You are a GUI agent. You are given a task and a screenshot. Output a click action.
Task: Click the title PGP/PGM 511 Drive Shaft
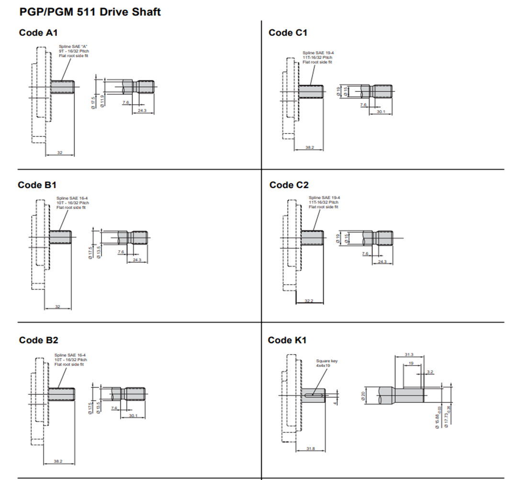click(90, 11)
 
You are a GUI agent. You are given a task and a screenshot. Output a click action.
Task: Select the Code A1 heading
click(38, 33)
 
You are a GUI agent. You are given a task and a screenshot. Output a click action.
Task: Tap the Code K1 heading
click(287, 340)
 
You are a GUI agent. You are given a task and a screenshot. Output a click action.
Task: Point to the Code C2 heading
click(289, 185)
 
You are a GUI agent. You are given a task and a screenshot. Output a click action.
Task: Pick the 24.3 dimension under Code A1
click(142, 111)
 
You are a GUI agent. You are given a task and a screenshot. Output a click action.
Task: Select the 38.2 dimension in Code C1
click(309, 148)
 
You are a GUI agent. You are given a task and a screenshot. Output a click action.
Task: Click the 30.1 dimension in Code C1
click(381, 112)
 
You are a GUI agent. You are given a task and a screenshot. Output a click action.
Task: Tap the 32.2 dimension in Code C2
click(309, 301)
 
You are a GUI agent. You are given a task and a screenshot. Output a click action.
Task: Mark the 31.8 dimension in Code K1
click(310, 448)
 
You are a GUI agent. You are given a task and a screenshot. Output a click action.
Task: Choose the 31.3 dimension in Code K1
click(409, 355)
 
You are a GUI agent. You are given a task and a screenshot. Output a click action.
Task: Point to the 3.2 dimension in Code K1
click(429, 371)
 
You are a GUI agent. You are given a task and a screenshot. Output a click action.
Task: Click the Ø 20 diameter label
click(363, 395)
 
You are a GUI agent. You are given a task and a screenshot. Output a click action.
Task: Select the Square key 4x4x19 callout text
click(326, 363)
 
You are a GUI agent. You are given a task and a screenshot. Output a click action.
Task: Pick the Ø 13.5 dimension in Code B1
click(98, 252)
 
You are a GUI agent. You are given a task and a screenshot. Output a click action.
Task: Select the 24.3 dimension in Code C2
click(382, 262)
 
